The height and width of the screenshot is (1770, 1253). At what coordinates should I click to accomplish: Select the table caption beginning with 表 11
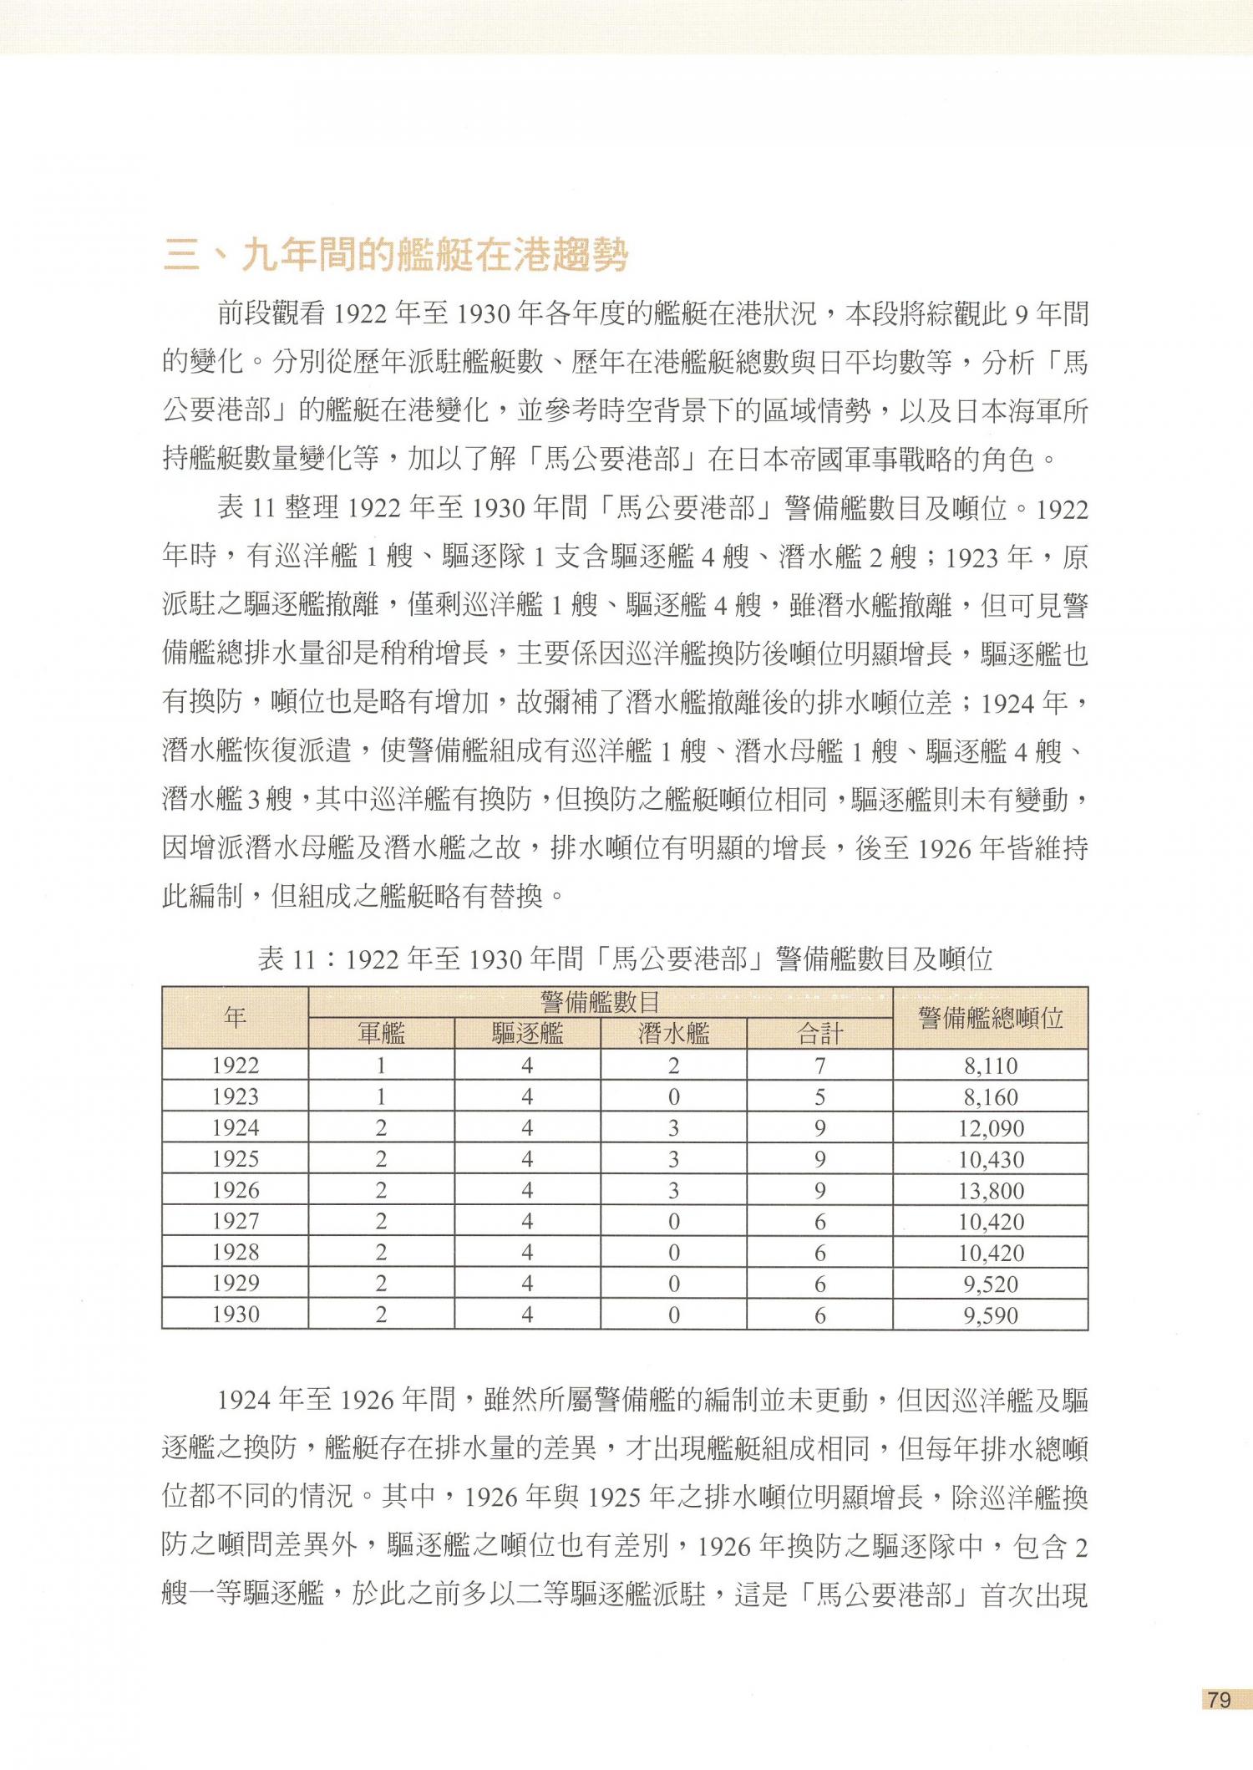pos(625,959)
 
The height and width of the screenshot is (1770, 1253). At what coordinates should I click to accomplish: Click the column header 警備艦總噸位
pos(990,1018)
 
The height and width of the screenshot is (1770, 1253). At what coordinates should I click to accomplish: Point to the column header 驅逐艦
pos(527,1034)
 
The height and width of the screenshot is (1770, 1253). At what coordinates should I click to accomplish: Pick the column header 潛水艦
pos(673,1034)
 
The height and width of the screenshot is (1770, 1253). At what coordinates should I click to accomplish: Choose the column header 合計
pos(819,1034)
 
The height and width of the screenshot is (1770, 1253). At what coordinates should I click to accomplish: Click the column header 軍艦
pos(381,1034)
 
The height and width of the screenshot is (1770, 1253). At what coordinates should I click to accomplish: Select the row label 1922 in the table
pos(236,1066)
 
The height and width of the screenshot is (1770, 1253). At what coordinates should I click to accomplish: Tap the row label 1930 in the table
pos(236,1315)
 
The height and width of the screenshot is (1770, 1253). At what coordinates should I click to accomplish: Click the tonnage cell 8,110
pos(990,1066)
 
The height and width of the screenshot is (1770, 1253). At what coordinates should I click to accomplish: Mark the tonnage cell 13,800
pos(990,1190)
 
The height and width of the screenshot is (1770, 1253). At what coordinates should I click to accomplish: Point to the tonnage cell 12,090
pos(990,1128)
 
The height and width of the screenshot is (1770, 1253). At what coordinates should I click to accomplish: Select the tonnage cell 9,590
pos(990,1315)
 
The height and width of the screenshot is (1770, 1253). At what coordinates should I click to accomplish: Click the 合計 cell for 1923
pos(819,1096)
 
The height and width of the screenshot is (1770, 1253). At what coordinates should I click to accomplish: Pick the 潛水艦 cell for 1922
pos(673,1066)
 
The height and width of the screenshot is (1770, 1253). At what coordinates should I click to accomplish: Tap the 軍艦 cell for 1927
pos(381,1221)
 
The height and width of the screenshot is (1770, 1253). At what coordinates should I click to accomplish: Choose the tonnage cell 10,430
pos(990,1159)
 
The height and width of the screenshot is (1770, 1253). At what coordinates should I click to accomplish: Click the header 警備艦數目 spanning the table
pos(600,1002)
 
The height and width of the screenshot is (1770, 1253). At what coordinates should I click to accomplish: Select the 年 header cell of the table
pos(235,1018)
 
